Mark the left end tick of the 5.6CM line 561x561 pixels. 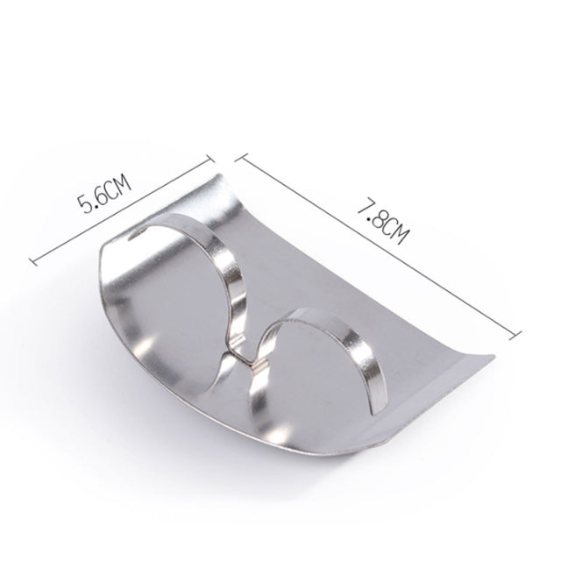click(32, 260)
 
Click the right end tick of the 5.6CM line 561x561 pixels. click(212, 157)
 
